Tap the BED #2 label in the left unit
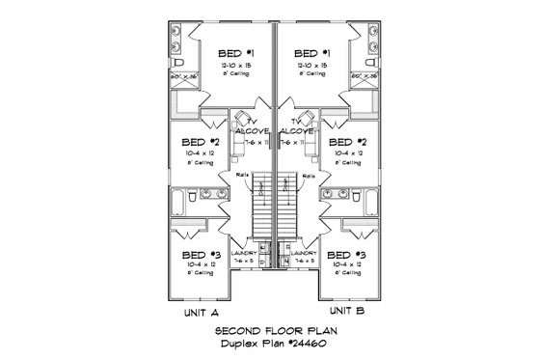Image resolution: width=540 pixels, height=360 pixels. (x=202, y=143)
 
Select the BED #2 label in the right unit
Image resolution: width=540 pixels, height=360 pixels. (x=343, y=143)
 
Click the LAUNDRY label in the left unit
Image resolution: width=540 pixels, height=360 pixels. (x=245, y=253)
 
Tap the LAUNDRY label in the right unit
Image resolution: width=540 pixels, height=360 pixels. (x=303, y=253)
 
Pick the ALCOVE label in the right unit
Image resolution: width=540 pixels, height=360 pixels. (x=296, y=131)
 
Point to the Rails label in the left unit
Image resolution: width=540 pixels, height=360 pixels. (x=241, y=175)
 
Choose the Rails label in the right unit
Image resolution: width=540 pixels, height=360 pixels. (x=305, y=175)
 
